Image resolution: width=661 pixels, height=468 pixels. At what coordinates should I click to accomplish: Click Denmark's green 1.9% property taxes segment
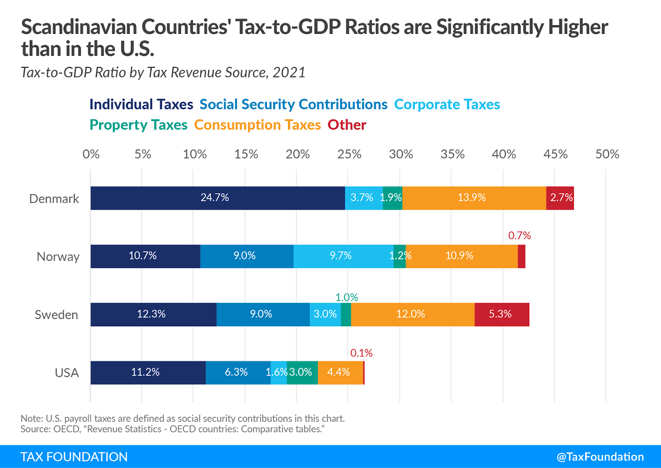(392, 198)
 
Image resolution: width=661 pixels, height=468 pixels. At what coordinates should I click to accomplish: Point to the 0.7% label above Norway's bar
(519, 235)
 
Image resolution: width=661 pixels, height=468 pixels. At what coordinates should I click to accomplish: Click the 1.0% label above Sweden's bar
(347, 297)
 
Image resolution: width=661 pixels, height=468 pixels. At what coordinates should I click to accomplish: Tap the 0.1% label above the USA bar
(361, 353)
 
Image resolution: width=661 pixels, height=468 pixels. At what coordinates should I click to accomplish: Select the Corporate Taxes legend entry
(447, 105)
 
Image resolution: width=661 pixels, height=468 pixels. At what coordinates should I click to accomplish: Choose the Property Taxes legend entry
(138, 125)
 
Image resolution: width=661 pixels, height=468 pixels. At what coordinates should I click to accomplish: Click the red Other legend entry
(347, 125)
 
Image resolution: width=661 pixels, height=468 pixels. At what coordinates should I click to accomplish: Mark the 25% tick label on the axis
(349, 154)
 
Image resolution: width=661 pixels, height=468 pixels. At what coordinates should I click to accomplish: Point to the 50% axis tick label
(607, 154)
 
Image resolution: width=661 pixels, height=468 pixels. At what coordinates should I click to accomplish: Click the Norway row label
(58, 257)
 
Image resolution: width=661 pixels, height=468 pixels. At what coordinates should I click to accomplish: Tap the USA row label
(67, 373)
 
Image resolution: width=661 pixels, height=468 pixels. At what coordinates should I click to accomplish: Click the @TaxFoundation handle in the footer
(600, 456)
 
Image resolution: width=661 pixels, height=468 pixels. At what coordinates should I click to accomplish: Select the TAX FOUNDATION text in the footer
(74, 456)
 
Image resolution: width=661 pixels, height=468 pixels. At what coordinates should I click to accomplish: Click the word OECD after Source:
(66, 429)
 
